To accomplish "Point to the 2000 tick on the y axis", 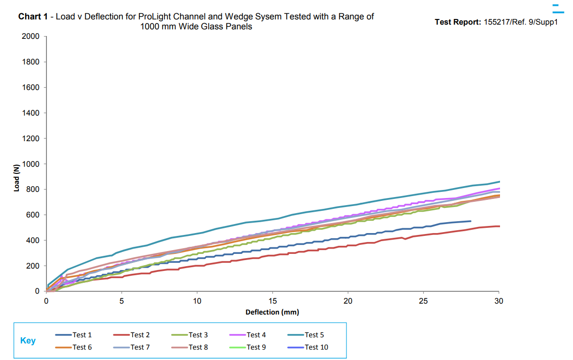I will [x=31, y=36].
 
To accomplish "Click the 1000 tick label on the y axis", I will [x=31, y=164].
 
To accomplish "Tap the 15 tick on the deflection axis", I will [x=273, y=301].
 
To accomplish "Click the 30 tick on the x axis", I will [x=499, y=301].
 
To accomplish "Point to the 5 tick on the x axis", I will [x=122, y=301].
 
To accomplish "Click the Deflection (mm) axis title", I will [x=272, y=312].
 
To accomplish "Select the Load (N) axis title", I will [x=17, y=178].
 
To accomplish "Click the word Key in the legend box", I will [x=28, y=341].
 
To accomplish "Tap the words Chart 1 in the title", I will [x=33, y=17].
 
